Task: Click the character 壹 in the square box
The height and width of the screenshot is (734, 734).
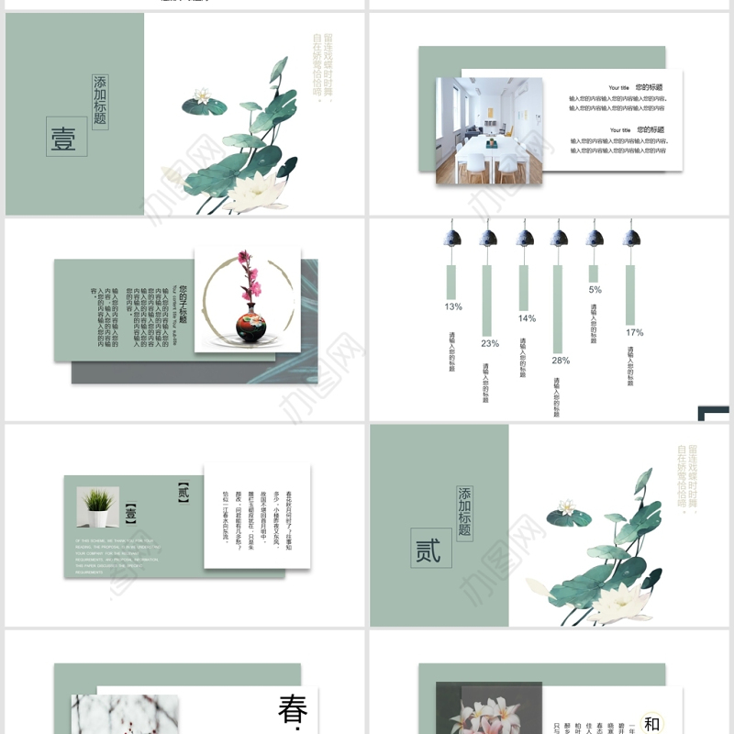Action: [x=64, y=138]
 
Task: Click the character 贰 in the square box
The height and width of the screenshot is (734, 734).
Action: [x=428, y=550]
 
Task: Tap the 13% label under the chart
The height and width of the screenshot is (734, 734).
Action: [x=453, y=306]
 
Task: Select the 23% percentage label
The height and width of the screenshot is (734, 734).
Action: [x=490, y=343]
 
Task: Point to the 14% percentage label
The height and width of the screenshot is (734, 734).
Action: [x=527, y=318]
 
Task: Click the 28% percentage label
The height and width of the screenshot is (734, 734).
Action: [x=561, y=361]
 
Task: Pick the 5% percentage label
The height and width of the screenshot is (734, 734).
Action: [x=595, y=290]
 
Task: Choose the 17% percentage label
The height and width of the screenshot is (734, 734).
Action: [x=634, y=332]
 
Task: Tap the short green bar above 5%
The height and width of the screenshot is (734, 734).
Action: [x=594, y=273]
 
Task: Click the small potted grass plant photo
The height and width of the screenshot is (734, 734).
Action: [x=97, y=506]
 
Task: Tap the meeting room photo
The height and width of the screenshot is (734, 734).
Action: [x=488, y=129]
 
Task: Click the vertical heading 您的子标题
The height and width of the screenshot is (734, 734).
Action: [x=183, y=304]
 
